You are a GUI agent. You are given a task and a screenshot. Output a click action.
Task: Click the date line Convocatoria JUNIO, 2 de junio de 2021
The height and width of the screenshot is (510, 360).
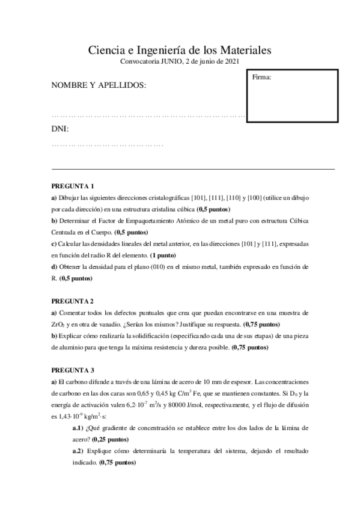pos(180,62)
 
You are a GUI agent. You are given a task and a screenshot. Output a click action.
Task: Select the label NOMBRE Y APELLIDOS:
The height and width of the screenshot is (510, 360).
pos(99,86)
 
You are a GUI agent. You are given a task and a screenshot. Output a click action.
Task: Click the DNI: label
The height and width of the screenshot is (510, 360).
pos(60,129)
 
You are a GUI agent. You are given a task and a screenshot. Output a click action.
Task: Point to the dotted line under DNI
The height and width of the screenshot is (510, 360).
pos(108,145)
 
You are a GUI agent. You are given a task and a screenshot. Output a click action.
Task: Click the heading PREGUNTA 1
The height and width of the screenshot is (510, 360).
pos(73,186)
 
